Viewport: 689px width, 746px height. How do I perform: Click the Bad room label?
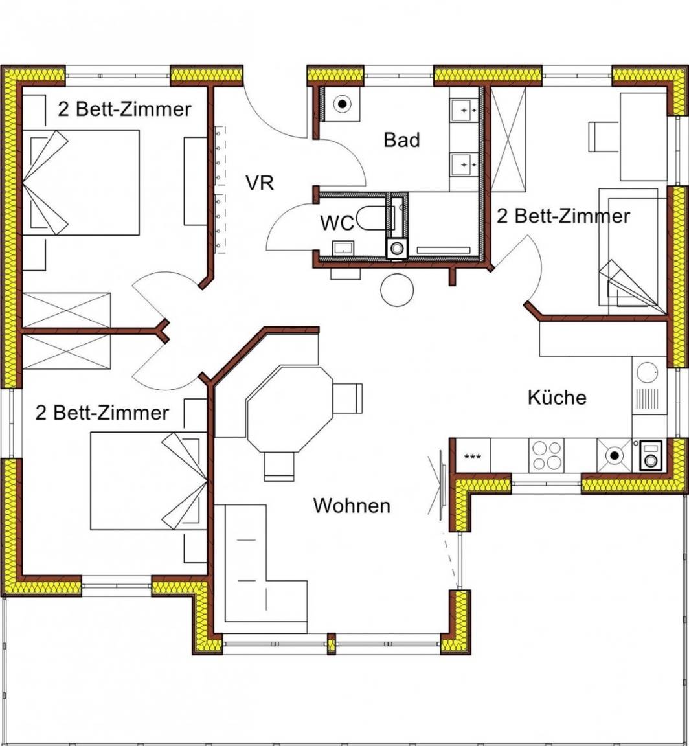(401, 140)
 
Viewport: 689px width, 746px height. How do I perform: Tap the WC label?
(337, 223)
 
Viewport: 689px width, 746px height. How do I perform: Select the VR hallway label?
(260, 183)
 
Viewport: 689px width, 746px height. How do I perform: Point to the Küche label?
(557, 397)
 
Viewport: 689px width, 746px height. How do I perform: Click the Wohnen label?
(352, 505)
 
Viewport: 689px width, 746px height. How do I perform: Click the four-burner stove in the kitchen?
(547, 456)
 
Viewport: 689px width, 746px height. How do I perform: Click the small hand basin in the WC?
(343, 247)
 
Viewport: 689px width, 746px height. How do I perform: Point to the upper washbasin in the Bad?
(464, 111)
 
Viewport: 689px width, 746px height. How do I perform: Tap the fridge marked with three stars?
(473, 456)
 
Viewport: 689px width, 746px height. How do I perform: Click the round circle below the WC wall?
(397, 289)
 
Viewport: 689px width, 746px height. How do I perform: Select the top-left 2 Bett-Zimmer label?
(125, 109)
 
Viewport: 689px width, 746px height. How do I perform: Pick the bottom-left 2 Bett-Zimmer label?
(102, 412)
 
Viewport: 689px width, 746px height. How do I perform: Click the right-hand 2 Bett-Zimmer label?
(563, 216)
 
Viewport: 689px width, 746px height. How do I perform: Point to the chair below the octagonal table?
(279, 466)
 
